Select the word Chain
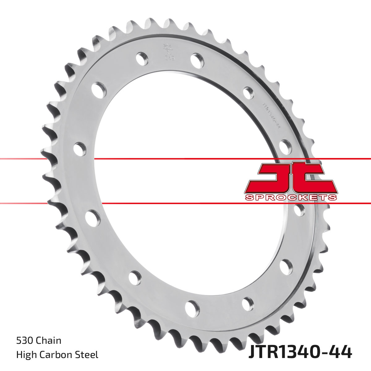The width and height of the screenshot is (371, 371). coord(49,341)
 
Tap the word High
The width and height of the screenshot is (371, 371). coord(26,355)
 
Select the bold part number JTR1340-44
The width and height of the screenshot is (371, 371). coord(300,352)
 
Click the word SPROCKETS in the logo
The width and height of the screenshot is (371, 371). coord(291,198)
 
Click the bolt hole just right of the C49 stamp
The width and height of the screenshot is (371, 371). coord(197,60)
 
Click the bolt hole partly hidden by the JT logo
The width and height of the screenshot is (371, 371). coord(299,210)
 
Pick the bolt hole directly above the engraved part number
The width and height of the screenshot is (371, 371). coord(248,92)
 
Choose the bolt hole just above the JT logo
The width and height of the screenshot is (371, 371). coord(285,147)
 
